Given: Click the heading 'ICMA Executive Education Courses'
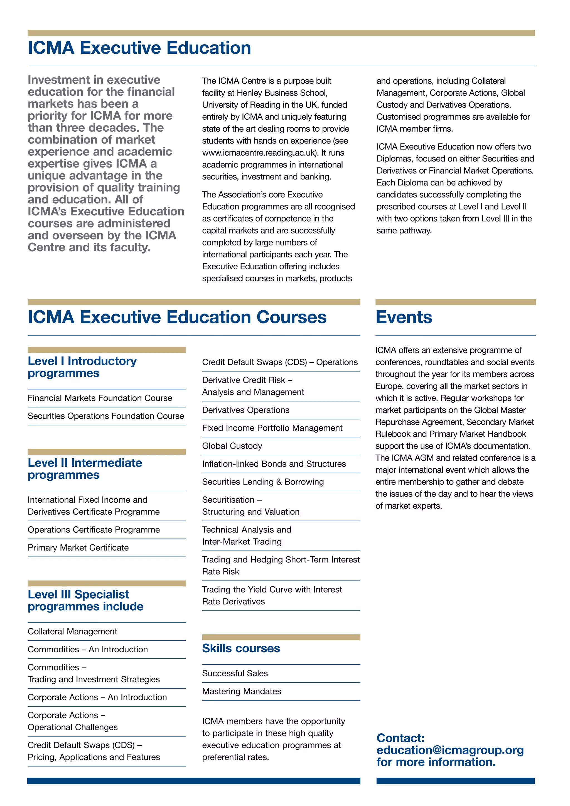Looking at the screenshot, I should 177,317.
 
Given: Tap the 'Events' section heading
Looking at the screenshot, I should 404,317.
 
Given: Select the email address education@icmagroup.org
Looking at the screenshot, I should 450,750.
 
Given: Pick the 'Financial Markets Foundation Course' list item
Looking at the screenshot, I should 100,398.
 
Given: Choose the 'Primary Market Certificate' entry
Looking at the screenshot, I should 78,548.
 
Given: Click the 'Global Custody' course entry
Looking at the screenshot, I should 232,446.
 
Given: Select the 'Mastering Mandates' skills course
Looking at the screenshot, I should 242,691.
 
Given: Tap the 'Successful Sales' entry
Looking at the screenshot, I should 235,673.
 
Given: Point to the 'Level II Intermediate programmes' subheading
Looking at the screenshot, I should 85,469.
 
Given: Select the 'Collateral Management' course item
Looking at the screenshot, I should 72,631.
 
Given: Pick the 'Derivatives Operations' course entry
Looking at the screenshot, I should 246,410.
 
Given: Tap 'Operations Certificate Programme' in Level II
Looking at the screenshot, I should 94,530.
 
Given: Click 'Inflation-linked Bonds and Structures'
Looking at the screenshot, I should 274,464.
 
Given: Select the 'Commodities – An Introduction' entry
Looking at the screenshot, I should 88,649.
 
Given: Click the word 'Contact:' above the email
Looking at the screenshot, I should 401,738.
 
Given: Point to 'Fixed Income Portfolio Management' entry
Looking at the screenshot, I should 272,428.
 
